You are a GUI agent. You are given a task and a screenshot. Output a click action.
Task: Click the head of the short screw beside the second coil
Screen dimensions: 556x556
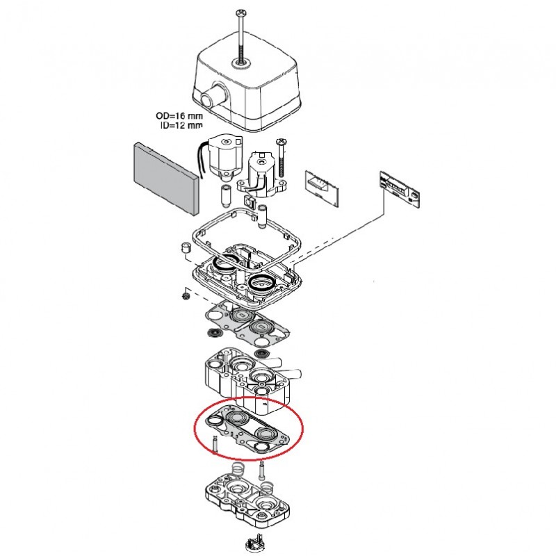click(x=281, y=141)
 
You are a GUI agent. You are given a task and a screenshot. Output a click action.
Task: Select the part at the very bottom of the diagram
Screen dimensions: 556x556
click(x=255, y=544)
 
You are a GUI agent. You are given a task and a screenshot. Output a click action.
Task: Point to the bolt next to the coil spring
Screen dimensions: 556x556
click(x=262, y=473)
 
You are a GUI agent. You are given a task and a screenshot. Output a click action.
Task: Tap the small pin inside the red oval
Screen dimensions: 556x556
click(x=215, y=444)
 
